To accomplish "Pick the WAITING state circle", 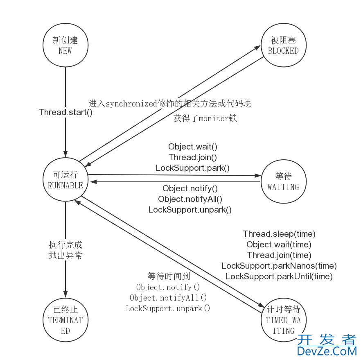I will [283, 181].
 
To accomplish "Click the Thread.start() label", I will [65, 112].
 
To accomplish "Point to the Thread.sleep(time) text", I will [279, 234].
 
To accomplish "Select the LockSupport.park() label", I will [193, 168].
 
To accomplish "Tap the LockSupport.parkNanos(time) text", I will [279, 266].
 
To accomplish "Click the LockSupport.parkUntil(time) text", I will [279, 276].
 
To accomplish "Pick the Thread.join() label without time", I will [193, 157].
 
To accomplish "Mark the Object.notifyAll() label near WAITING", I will [190, 199].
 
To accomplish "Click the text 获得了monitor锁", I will [205, 119].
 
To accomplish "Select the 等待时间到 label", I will [169, 276].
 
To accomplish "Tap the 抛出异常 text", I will [65, 256].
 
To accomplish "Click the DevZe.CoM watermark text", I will [327, 351].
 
